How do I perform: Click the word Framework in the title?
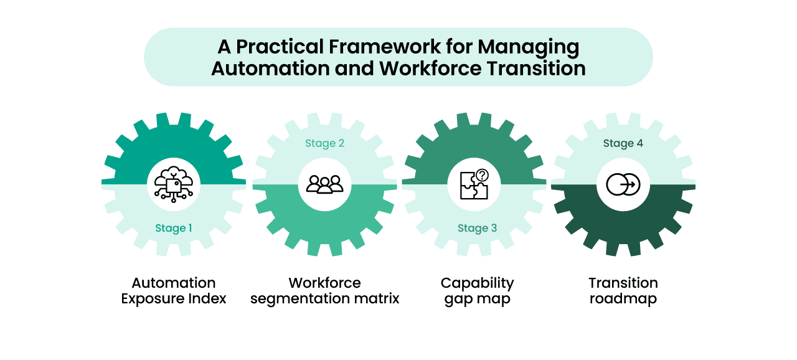pyautogui.click(x=385, y=47)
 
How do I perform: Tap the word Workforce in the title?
pyautogui.click(x=430, y=69)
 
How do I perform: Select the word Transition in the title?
pyautogui.click(x=536, y=69)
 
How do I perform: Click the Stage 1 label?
pyautogui.click(x=174, y=228)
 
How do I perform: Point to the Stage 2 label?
pyautogui.click(x=324, y=143)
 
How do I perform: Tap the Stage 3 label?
pyautogui.click(x=477, y=228)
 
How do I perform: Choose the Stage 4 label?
pyautogui.click(x=623, y=143)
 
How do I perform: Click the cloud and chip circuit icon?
pyautogui.click(x=174, y=184)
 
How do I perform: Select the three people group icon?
pyautogui.click(x=324, y=184)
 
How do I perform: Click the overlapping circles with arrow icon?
pyautogui.click(x=623, y=184)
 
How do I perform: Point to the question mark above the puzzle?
pyautogui.click(x=482, y=175)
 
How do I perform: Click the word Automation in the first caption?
pyautogui.click(x=174, y=283)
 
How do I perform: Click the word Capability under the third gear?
pyautogui.click(x=477, y=284)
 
